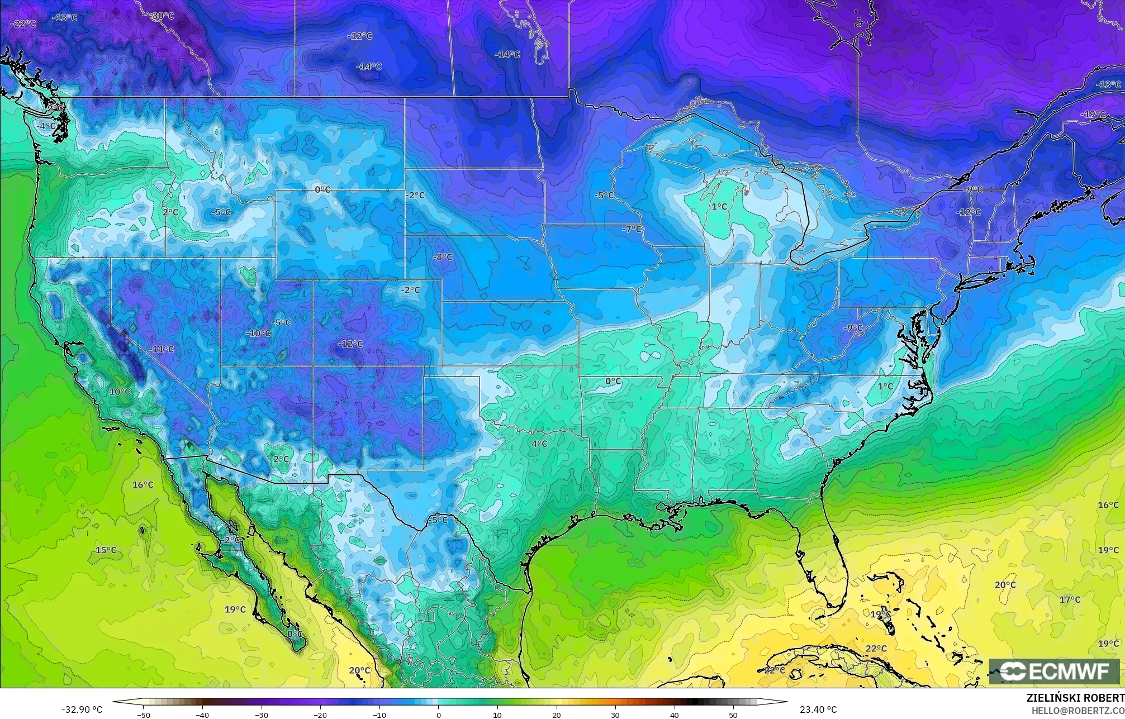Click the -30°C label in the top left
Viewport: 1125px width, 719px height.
(163, 16)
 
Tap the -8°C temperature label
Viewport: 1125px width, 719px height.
(443, 257)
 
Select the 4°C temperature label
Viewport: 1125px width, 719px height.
(539, 444)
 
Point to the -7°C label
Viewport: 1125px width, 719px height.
(632, 230)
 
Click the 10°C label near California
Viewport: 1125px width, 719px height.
(120, 392)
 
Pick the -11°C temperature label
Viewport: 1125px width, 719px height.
(162, 349)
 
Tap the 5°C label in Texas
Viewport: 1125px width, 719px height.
(439, 520)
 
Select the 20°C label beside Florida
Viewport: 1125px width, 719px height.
(1005, 585)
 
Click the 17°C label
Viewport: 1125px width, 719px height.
(1070, 599)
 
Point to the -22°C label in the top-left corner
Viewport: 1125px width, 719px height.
(23, 24)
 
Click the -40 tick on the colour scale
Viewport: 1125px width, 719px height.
(202, 715)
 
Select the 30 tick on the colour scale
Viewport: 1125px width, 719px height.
(615, 715)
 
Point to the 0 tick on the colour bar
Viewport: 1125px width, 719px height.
(438, 715)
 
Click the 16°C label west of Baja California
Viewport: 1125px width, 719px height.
(143, 484)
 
